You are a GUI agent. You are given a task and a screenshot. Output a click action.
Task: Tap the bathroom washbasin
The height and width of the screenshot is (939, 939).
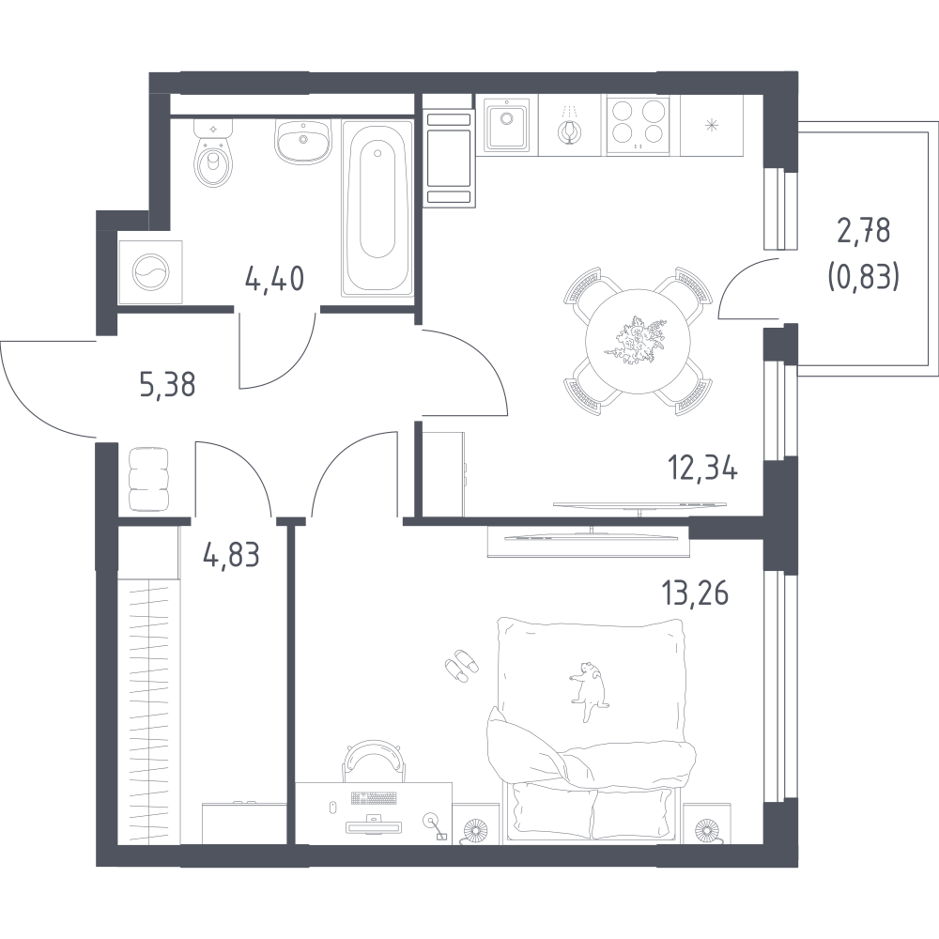(303, 142)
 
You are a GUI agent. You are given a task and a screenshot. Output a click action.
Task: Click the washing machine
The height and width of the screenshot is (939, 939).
(151, 272)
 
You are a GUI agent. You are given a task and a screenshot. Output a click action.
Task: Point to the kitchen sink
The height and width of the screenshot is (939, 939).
(507, 127)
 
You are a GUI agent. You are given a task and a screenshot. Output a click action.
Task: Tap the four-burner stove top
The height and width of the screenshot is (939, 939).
(639, 127)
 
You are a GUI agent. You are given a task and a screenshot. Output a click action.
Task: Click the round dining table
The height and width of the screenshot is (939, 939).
(639, 342)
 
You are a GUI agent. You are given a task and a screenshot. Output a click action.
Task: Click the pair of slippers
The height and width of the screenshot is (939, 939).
(462, 666)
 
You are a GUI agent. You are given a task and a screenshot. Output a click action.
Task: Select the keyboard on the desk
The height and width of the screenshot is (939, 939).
(374, 798)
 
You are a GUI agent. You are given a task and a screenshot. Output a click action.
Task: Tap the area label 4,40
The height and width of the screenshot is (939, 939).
(275, 279)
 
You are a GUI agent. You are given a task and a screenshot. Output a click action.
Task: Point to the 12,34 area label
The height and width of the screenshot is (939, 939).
(703, 468)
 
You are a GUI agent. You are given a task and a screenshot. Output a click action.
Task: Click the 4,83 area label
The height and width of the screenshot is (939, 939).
(232, 555)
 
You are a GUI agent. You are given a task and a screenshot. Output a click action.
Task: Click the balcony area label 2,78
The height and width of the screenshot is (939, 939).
(864, 231)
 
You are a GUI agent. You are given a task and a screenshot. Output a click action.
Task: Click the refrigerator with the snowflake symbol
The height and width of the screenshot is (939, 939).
(712, 125)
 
